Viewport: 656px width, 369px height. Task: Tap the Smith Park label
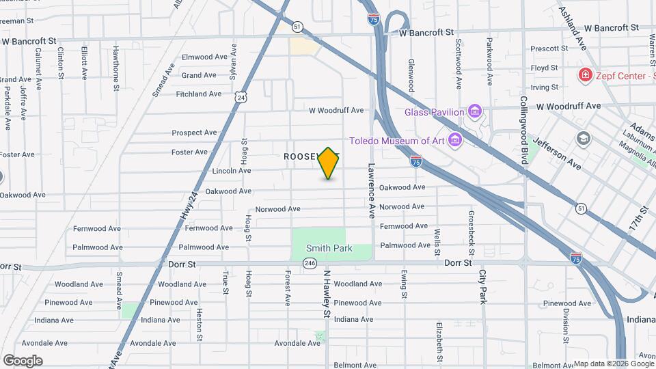coord(329,248)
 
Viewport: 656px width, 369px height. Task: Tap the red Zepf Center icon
coord(585,75)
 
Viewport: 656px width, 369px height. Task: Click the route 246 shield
coord(310,263)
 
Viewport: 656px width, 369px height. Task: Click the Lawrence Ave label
coord(372,189)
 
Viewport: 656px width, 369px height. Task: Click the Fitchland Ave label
coord(199,94)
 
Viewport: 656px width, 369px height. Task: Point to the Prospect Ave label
coord(194,133)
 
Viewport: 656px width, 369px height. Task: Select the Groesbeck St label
coord(471,228)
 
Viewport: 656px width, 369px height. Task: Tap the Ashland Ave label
coord(573,28)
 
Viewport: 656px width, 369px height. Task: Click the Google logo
coord(23,361)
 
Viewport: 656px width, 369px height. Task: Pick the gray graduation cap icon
coord(583,139)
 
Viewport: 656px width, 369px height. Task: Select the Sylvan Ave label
coord(234,60)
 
